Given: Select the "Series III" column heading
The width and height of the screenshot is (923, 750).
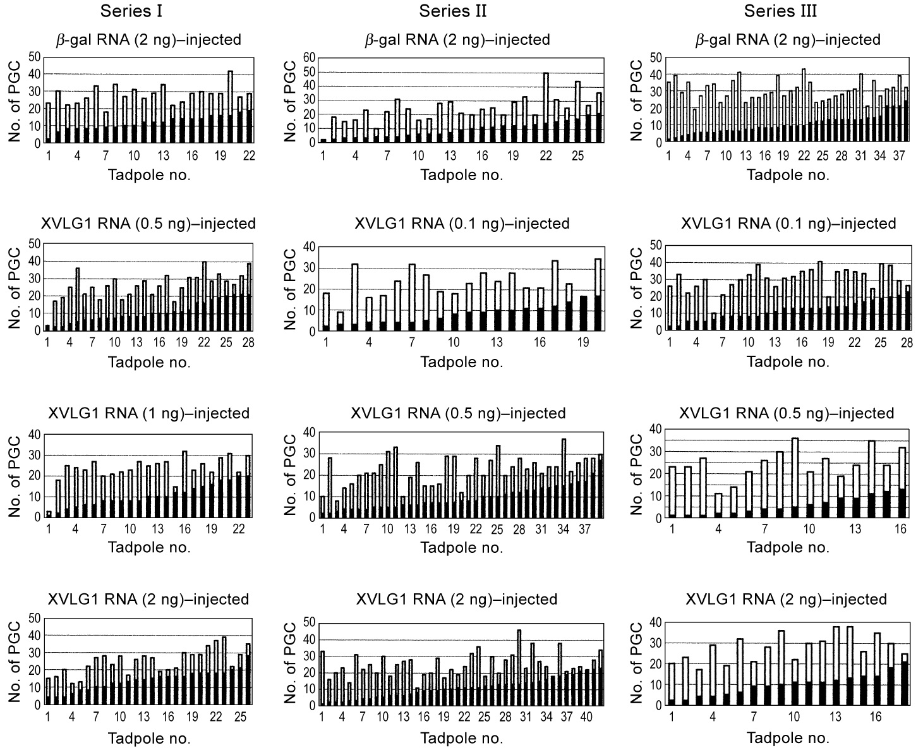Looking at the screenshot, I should (780, 11).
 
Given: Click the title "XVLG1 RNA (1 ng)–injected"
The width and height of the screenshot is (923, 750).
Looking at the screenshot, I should (148, 413).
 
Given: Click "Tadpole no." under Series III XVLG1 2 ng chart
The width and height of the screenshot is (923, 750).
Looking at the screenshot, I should (788, 737).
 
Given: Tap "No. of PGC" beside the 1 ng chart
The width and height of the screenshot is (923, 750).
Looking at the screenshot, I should (15, 475).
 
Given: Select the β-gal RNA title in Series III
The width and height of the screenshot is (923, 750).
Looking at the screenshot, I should (788, 40).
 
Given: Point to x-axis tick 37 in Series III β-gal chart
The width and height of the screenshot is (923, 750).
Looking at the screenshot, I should (899, 155).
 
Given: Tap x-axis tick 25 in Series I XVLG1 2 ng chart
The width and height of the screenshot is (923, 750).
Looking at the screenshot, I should (240, 717).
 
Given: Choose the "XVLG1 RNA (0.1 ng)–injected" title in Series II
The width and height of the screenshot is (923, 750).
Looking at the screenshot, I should (462, 224).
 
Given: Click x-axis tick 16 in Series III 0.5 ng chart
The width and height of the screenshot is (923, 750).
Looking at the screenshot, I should (900, 529).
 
